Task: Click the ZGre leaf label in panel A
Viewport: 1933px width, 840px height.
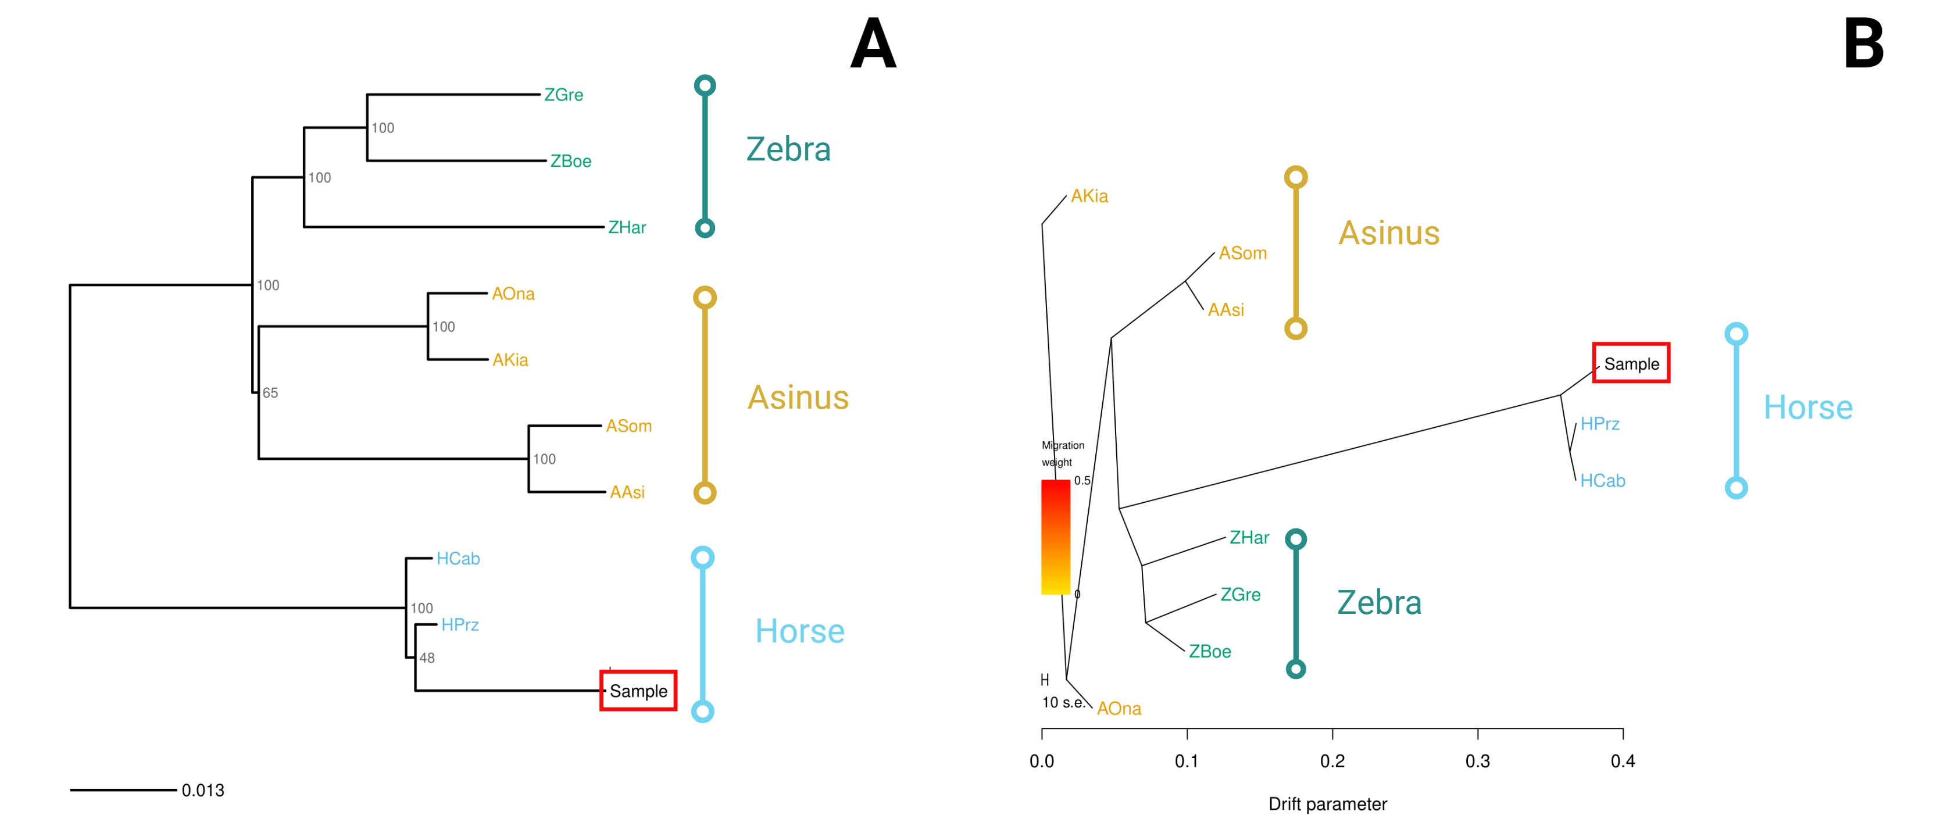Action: pos(563,95)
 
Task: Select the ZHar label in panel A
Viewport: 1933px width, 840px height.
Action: pos(627,227)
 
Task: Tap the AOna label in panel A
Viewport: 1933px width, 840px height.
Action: pos(513,294)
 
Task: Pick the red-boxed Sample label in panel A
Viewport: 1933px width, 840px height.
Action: pos(638,691)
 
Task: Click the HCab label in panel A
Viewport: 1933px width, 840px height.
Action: pos(458,559)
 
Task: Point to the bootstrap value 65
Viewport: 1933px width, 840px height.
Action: pos(270,392)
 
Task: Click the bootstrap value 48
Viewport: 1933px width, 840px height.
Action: pos(427,657)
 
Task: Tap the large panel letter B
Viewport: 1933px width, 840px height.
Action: pos(1863,44)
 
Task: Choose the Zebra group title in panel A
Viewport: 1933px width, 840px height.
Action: pos(788,149)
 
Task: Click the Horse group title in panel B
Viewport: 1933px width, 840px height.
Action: pos(1807,408)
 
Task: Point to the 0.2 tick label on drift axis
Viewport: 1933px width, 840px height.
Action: pos(1332,761)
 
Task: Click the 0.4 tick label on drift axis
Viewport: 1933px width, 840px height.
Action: pos(1623,761)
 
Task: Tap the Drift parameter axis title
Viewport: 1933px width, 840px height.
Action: pos(1327,804)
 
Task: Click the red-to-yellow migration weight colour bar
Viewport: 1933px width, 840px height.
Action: pos(1055,537)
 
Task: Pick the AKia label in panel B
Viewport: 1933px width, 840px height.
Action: pos(1089,196)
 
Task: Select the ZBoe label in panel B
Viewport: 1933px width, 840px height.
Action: pos(1210,652)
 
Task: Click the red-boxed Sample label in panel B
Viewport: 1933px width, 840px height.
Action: pos(1631,364)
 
